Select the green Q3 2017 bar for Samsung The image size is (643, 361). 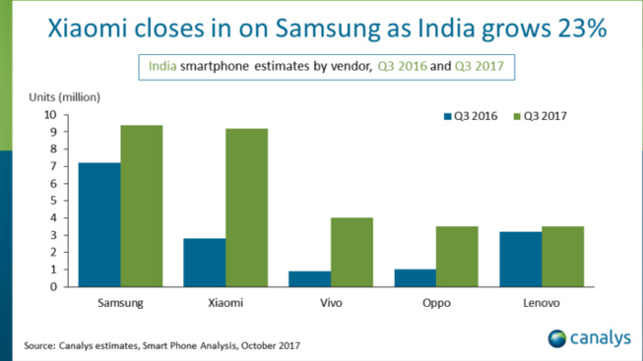(142, 206)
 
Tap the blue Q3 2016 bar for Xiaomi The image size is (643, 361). (204, 262)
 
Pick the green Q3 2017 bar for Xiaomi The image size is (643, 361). (246, 208)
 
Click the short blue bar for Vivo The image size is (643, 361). (309, 278)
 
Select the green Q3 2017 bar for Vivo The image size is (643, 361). (352, 252)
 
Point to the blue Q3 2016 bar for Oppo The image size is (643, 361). (415, 277)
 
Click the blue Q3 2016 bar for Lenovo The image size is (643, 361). (520, 259)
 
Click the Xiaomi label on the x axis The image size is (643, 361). (225, 303)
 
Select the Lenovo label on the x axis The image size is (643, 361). (542, 303)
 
